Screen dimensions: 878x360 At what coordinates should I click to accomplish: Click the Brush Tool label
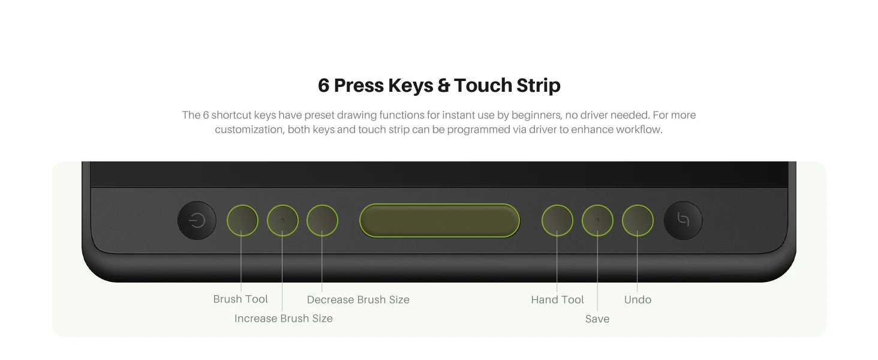(x=240, y=299)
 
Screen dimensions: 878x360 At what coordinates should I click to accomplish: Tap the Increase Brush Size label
(x=284, y=319)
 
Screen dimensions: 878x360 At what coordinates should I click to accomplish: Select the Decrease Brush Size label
(x=358, y=299)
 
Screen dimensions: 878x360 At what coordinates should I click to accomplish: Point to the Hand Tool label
(x=557, y=299)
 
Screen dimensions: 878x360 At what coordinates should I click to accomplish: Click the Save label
(x=597, y=319)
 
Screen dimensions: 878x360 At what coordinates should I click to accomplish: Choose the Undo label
(x=638, y=299)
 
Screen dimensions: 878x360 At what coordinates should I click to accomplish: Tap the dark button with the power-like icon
(x=197, y=220)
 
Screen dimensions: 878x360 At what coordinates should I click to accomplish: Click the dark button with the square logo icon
(x=683, y=220)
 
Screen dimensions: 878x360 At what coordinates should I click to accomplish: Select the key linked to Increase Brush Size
(x=282, y=220)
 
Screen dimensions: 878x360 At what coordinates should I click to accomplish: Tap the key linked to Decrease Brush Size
(x=322, y=220)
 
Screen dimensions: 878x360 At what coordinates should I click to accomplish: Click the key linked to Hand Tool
(x=557, y=220)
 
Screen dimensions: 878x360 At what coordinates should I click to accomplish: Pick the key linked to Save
(x=597, y=220)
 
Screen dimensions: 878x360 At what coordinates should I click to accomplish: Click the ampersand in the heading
(x=443, y=85)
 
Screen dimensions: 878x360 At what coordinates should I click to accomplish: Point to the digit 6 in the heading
(x=323, y=85)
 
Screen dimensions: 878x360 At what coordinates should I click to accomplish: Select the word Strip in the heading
(x=538, y=86)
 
